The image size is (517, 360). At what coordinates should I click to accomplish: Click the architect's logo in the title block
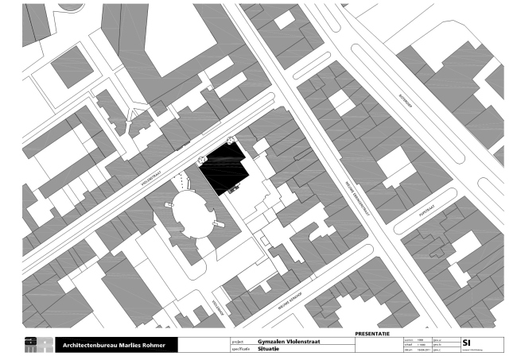[x=38, y=345]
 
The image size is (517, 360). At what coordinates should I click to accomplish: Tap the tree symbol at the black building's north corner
[x=231, y=141]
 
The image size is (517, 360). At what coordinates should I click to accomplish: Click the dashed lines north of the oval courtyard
[x=185, y=180]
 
